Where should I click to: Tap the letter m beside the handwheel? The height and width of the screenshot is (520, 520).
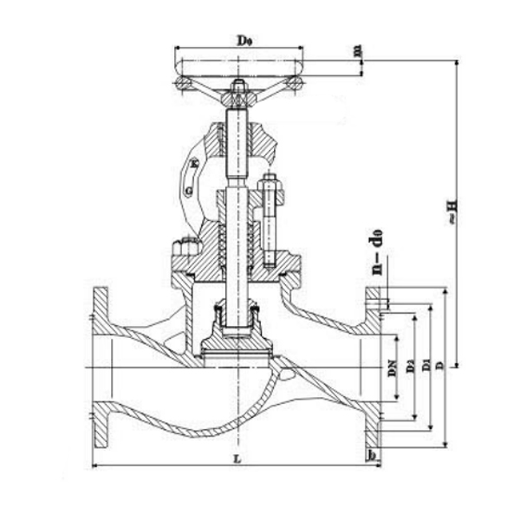tap(356, 52)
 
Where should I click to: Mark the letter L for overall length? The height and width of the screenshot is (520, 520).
tap(237, 460)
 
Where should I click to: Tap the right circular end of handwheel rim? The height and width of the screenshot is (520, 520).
tap(296, 82)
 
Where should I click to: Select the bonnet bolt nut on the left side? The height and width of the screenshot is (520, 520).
tap(183, 250)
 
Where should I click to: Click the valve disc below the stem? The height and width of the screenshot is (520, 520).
tap(237, 346)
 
